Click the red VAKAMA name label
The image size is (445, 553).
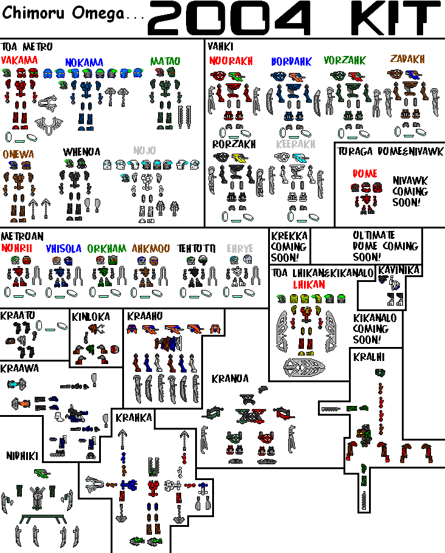pyautogui.click(x=19, y=60)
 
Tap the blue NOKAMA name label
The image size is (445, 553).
pyautogui.click(x=84, y=63)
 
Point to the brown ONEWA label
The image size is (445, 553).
pyautogui.click(x=18, y=154)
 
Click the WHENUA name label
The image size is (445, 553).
pyautogui.click(x=81, y=152)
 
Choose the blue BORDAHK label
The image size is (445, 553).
pyautogui.click(x=291, y=61)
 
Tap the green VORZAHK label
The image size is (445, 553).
pyautogui.click(x=345, y=60)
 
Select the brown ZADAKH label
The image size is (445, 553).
pyautogui.click(x=407, y=59)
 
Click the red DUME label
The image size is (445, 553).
pyautogui.click(x=365, y=174)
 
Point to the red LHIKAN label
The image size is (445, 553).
pyautogui.click(x=309, y=284)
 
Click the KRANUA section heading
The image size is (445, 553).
pyautogui.click(x=230, y=379)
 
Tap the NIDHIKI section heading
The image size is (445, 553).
pyautogui.click(x=23, y=455)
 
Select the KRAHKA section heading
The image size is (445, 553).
pyautogui.click(x=133, y=417)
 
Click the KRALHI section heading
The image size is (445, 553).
pyautogui.click(x=368, y=357)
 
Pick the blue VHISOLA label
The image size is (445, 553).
pyautogui.click(x=64, y=249)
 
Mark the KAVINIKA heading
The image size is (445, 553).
pyautogui.click(x=399, y=269)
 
